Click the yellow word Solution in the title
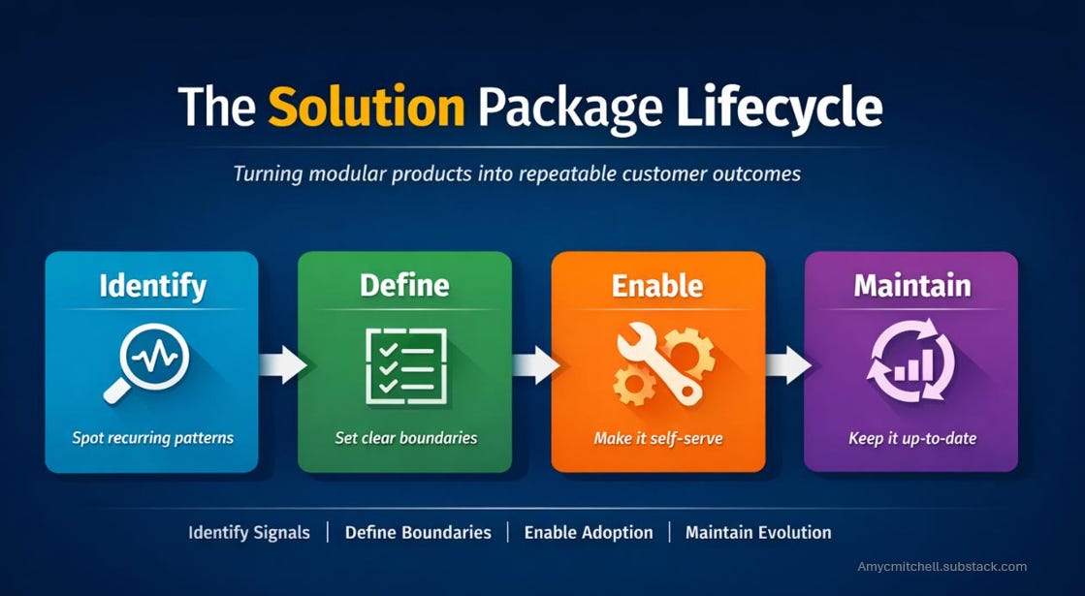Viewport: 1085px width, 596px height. point(366,107)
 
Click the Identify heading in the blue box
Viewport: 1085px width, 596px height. point(152,286)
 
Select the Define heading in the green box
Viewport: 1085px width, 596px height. point(404,286)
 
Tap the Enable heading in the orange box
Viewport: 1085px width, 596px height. point(656,286)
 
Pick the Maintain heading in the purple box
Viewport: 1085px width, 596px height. point(911,286)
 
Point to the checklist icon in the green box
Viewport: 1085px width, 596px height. point(405,365)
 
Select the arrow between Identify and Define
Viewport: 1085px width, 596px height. point(281,364)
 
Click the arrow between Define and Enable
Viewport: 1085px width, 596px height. point(534,364)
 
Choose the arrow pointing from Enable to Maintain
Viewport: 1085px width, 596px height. point(786,364)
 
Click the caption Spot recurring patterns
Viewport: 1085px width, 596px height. point(152,438)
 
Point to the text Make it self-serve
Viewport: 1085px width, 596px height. point(658,439)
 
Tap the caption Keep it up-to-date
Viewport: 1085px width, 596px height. point(911,439)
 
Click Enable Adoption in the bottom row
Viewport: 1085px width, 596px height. point(588,533)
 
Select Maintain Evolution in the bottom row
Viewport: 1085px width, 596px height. point(758,533)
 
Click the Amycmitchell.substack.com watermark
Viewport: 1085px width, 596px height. point(941,567)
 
